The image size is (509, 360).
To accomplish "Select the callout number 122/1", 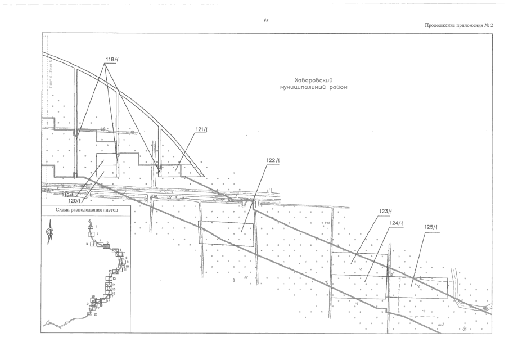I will [x=273, y=160].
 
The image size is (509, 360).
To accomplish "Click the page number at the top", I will [x=265, y=21].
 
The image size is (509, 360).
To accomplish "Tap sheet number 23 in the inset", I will [x=96, y=314].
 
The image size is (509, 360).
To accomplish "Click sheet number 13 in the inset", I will [x=114, y=278].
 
